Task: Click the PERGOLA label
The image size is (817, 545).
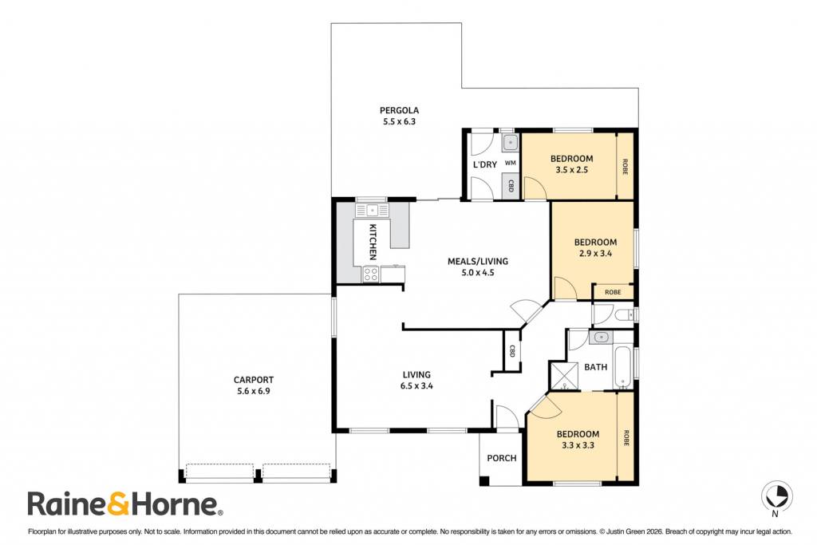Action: point(399,110)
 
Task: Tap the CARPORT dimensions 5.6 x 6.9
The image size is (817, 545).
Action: point(253,391)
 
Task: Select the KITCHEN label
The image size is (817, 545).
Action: point(373,242)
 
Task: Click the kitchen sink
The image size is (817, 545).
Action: point(372,211)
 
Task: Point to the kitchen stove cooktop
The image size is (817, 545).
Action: point(371,274)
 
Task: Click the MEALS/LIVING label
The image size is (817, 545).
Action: point(478,262)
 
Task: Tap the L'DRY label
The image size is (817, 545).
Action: point(484,164)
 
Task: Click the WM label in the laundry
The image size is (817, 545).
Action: point(511,163)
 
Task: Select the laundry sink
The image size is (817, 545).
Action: point(511,142)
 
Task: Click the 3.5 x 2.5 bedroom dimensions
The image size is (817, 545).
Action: point(571,170)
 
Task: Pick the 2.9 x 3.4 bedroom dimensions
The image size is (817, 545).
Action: point(595,254)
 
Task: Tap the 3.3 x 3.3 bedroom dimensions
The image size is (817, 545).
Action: point(578,445)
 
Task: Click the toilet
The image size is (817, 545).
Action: point(624,314)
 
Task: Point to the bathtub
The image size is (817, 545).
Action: point(623,367)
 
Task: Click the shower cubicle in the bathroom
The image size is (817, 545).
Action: point(564,376)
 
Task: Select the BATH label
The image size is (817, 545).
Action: point(595,367)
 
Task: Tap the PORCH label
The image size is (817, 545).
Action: point(502,458)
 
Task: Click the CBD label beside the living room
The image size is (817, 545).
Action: point(512,350)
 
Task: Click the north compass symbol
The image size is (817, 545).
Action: point(776,495)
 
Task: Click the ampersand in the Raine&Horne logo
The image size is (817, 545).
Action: point(118,504)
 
